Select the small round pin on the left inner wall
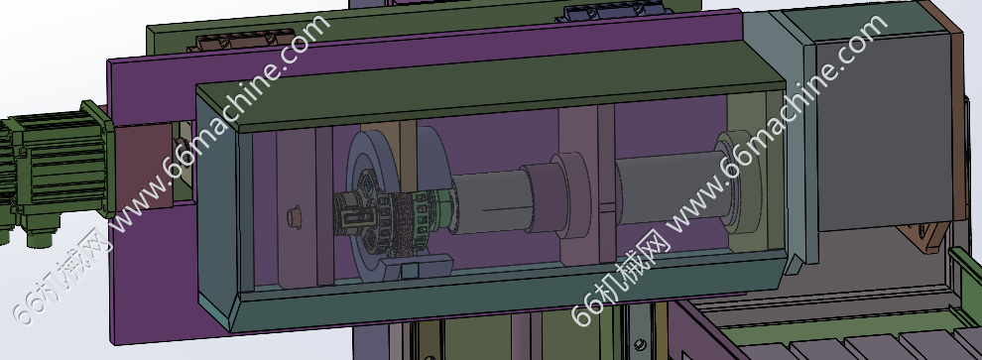click(294, 217)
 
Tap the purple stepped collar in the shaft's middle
click(556, 195)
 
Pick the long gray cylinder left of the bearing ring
click(667, 186)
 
